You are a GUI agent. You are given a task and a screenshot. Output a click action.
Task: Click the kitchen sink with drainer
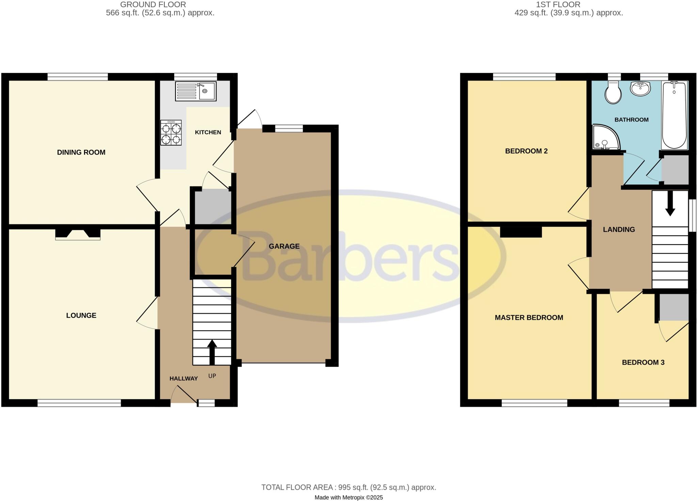pyautogui.click(x=196, y=91)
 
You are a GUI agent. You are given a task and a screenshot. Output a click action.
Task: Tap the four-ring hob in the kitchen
pyautogui.click(x=171, y=133)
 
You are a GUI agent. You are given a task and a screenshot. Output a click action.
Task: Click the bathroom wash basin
pyautogui.click(x=640, y=89)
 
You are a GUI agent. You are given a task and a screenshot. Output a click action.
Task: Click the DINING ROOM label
pyautogui.click(x=81, y=152)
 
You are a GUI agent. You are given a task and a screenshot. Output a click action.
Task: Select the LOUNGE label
pyautogui.click(x=81, y=315)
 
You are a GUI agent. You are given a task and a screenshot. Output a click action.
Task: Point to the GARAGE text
pyautogui.click(x=284, y=246)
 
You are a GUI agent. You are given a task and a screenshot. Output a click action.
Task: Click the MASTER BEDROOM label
pyautogui.click(x=529, y=318)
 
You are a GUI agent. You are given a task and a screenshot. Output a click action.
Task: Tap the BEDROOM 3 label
pyautogui.click(x=643, y=363)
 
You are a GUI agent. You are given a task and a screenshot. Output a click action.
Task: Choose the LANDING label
pyautogui.click(x=619, y=230)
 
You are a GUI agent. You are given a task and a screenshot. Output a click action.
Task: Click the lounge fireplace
pyautogui.click(x=78, y=234)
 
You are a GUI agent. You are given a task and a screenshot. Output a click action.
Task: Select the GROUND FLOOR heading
pyautogui.click(x=153, y=5)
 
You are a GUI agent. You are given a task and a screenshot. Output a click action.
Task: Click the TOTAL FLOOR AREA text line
pyautogui.click(x=348, y=487)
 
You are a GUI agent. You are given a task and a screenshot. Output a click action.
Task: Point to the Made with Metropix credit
pyautogui.click(x=348, y=498)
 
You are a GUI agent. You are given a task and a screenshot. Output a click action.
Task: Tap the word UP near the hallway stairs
pyautogui.click(x=212, y=376)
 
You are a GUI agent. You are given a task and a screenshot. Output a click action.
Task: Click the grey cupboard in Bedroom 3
pyautogui.click(x=674, y=307)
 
